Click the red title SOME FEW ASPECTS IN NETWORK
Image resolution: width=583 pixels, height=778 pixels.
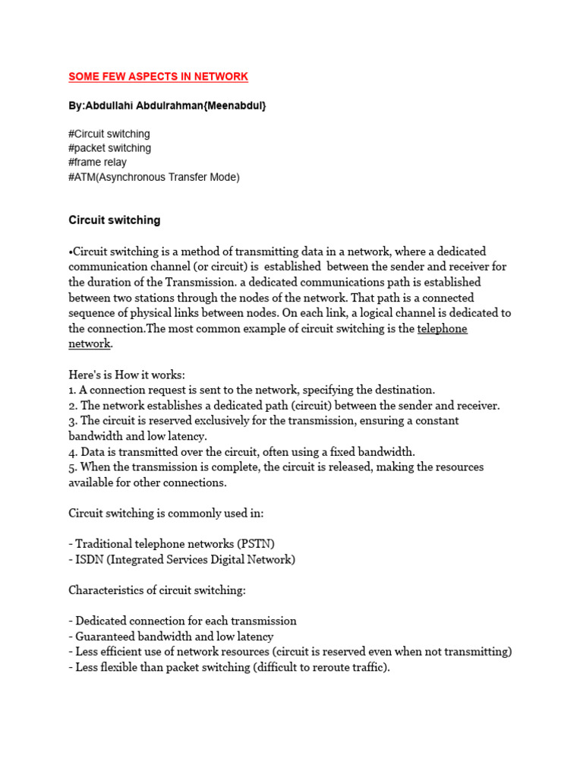tap(158, 77)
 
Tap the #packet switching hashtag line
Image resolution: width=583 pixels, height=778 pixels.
tap(109, 148)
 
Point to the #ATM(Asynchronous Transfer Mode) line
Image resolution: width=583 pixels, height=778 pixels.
tap(153, 177)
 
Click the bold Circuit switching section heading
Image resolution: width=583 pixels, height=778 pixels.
tap(115, 220)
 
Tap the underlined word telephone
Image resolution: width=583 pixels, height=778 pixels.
tap(442, 328)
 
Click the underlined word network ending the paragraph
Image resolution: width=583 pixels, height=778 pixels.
tap(90, 343)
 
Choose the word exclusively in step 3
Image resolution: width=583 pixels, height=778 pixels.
tap(210, 420)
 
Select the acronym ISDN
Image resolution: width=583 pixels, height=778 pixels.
tap(88, 559)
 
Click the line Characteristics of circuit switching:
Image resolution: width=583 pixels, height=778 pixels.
tap(157, 590)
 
